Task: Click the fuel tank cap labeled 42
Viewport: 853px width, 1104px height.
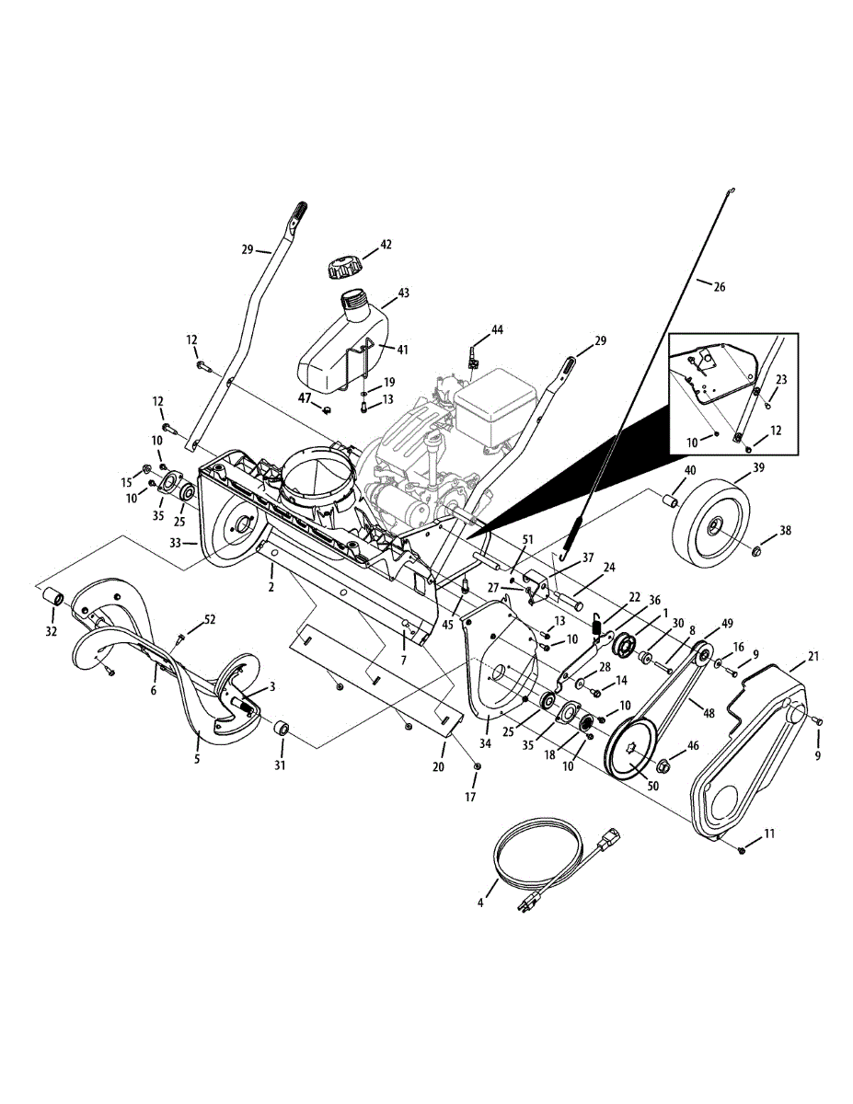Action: [341, 268]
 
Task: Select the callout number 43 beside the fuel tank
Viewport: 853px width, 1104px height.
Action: [403, 293]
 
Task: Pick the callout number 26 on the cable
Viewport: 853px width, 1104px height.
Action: [719, 287]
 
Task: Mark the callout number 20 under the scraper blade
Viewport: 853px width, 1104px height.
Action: [438, 766]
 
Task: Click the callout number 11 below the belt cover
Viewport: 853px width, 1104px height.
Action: [769, 834]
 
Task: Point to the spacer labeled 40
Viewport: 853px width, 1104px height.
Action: [673, 501]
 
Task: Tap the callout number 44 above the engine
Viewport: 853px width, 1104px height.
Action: [497, 329]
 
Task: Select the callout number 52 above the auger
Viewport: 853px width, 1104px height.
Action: [211, 620]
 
